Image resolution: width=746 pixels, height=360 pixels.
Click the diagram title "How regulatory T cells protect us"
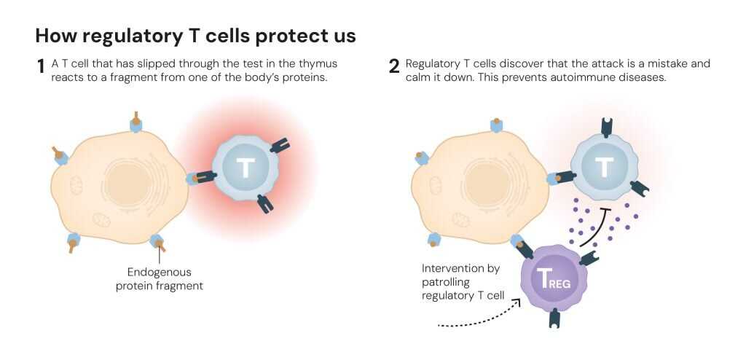(195, 36)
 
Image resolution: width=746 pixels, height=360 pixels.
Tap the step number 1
(41, 67)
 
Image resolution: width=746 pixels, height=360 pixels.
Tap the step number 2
(394, 67)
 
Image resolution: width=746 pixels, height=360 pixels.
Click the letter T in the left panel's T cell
(246, 168)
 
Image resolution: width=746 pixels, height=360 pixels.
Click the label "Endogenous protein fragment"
(160, 278)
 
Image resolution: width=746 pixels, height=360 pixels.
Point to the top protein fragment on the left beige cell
(136, 120)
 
